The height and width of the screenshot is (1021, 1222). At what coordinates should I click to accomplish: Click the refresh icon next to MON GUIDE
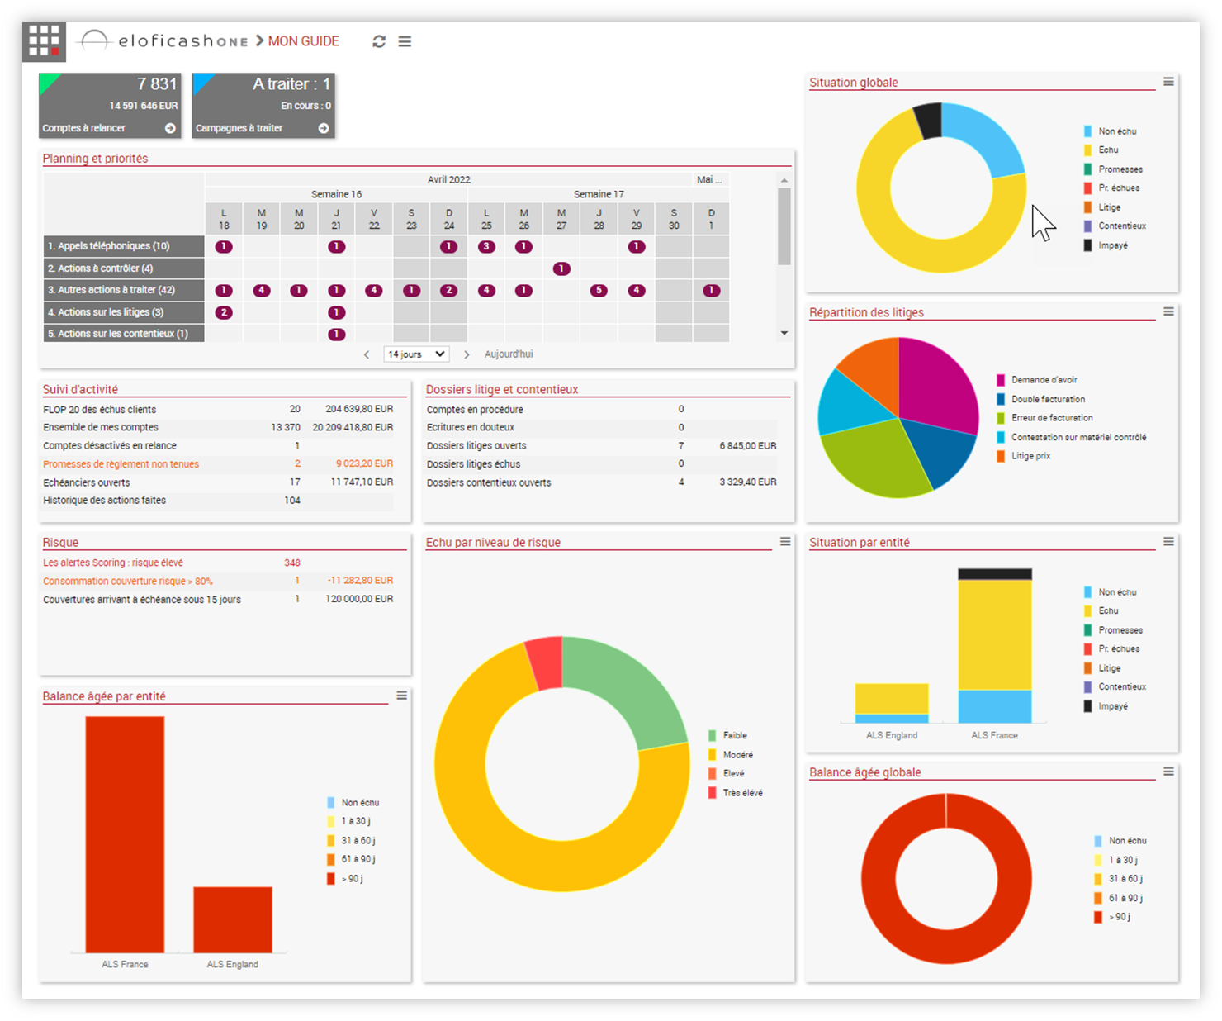click(379, 41)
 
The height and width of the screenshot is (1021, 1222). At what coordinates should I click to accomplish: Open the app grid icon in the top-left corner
click(44, 40)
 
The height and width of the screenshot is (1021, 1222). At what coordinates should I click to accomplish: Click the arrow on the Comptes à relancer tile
click(170, 128)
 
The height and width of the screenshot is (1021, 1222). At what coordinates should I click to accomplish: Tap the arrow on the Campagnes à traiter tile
click(324, 128)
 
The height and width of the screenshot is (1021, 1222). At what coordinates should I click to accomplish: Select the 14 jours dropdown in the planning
click(417, 354)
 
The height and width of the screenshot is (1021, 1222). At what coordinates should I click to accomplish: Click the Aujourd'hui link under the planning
click(509, 354)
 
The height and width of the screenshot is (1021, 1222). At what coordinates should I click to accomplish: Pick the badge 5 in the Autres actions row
click(599, 291)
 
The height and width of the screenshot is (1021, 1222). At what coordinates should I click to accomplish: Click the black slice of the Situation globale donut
click(929, 121)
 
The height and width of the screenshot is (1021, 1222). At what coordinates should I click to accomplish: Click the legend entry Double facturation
click(1048, 399)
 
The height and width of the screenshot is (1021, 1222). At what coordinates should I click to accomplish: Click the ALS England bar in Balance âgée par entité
click(233, 919)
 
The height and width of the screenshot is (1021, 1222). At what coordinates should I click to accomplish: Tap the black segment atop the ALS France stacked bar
click(994, 574)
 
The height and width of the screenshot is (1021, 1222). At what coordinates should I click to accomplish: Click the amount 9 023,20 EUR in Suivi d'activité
click(364, 464)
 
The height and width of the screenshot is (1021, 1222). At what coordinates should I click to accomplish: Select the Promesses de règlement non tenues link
click(121, 464)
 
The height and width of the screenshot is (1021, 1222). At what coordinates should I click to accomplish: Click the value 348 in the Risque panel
click(292, 563)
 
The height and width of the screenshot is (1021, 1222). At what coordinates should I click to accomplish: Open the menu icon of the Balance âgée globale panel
click(1168, 772)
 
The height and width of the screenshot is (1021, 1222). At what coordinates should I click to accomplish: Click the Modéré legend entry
click(737, 755)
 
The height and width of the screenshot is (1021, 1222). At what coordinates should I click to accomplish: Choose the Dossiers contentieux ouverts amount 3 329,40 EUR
click(747, 482)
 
